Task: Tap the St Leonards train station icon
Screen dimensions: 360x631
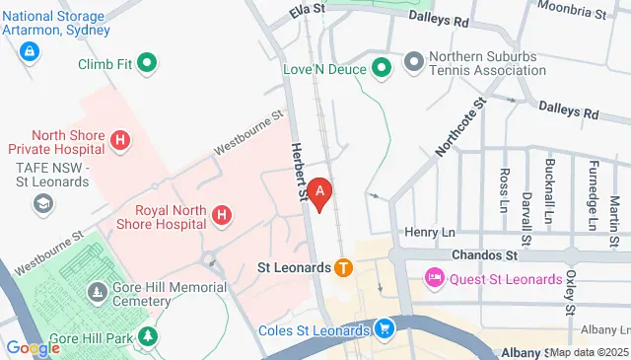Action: tap(343, 266)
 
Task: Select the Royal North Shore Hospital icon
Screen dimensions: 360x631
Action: tap(223, 214)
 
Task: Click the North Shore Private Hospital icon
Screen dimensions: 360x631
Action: tap(120, 141)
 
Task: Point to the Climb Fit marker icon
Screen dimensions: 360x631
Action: tap(148, 65)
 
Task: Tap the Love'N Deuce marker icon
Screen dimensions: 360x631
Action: tap(383, 68)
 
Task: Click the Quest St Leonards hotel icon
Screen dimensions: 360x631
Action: tap(434, 278)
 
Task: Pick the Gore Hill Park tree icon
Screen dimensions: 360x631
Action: tap(148, 337)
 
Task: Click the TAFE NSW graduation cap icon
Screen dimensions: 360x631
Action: tap(42, 203)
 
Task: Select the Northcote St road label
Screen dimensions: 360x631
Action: tap(461, 126)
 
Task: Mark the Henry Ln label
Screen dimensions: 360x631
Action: tap(426, 232)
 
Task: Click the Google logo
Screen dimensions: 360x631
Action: tap(33, 347)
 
